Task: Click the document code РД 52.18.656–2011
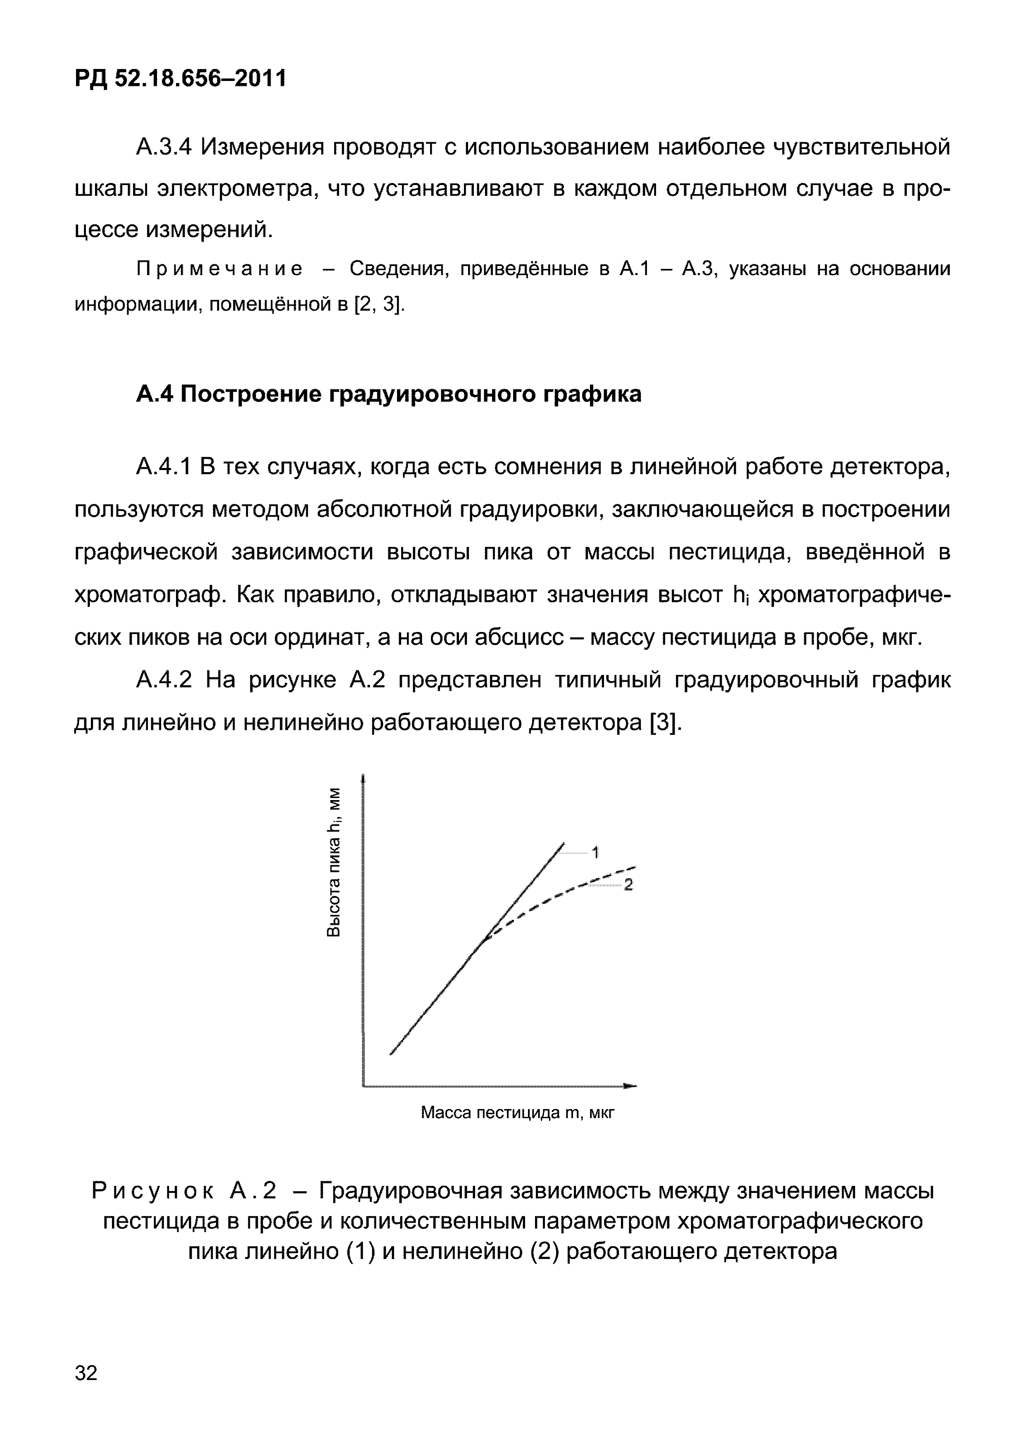click(x=180, y=80)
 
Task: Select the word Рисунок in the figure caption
click(x=153, y=1192)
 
